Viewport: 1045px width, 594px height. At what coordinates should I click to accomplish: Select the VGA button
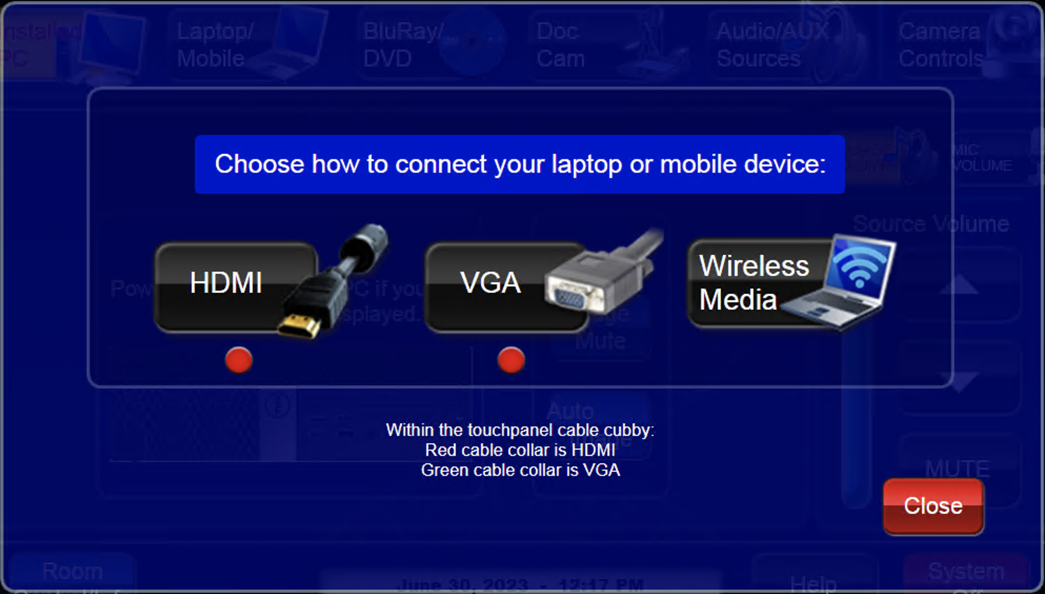490,284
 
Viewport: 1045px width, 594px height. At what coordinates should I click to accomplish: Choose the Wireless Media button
753,283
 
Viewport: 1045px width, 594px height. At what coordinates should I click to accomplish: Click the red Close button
933,506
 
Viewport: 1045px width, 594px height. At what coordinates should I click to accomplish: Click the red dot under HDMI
238,361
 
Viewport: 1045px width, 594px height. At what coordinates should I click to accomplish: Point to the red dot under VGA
510,361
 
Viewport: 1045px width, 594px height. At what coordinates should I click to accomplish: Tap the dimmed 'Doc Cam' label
560,45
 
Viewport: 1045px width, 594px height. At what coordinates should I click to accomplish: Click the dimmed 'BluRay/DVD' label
403,45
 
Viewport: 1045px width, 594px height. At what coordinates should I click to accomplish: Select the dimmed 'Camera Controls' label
940,45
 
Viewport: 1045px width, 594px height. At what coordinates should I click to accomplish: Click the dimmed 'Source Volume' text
930,224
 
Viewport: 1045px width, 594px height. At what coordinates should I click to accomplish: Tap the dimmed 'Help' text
813,583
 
